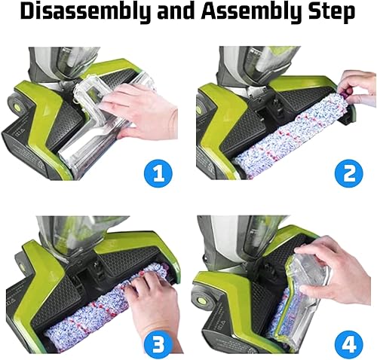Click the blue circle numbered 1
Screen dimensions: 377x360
158,172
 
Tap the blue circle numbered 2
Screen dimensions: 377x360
349,172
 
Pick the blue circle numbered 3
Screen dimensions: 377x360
158,343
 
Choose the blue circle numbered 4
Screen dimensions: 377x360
349,343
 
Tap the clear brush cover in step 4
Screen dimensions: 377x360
304,296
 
